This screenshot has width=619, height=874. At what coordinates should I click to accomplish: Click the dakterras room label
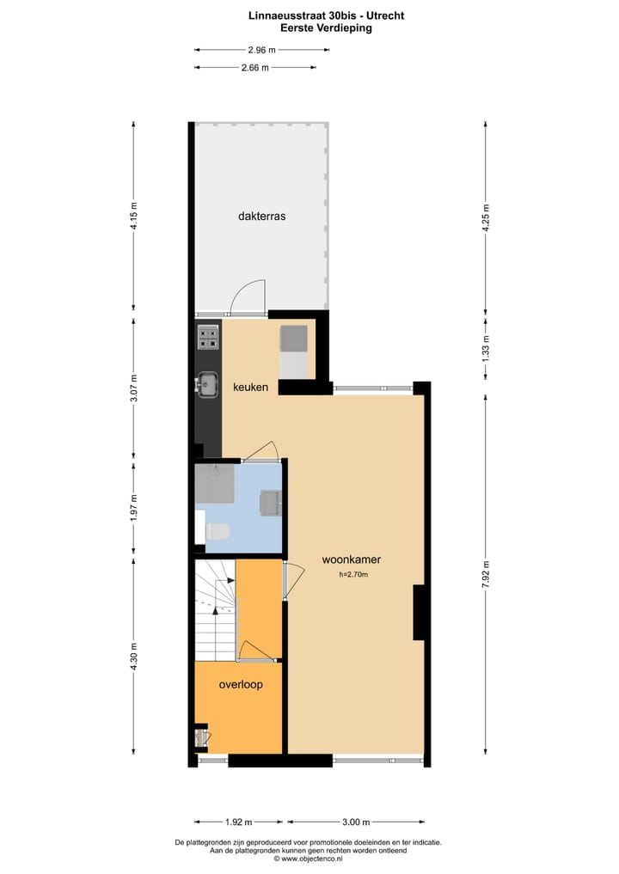(261, 217)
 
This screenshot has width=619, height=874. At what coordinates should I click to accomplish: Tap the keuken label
(250, 388)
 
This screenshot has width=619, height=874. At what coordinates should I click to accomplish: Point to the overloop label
(241, 685)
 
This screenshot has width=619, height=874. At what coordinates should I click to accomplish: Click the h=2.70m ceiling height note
(352, 575)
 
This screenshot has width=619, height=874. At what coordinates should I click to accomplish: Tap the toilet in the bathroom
(217, 532)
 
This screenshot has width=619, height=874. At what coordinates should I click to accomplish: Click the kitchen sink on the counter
(207, 386)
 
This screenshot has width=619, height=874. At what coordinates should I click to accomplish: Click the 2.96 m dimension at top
(261, 50)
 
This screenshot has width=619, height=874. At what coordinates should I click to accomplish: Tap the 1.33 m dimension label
(487, 351)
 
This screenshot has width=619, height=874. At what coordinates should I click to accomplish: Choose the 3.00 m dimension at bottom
(356, 821)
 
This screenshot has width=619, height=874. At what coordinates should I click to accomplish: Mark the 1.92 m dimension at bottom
(241, 821)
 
